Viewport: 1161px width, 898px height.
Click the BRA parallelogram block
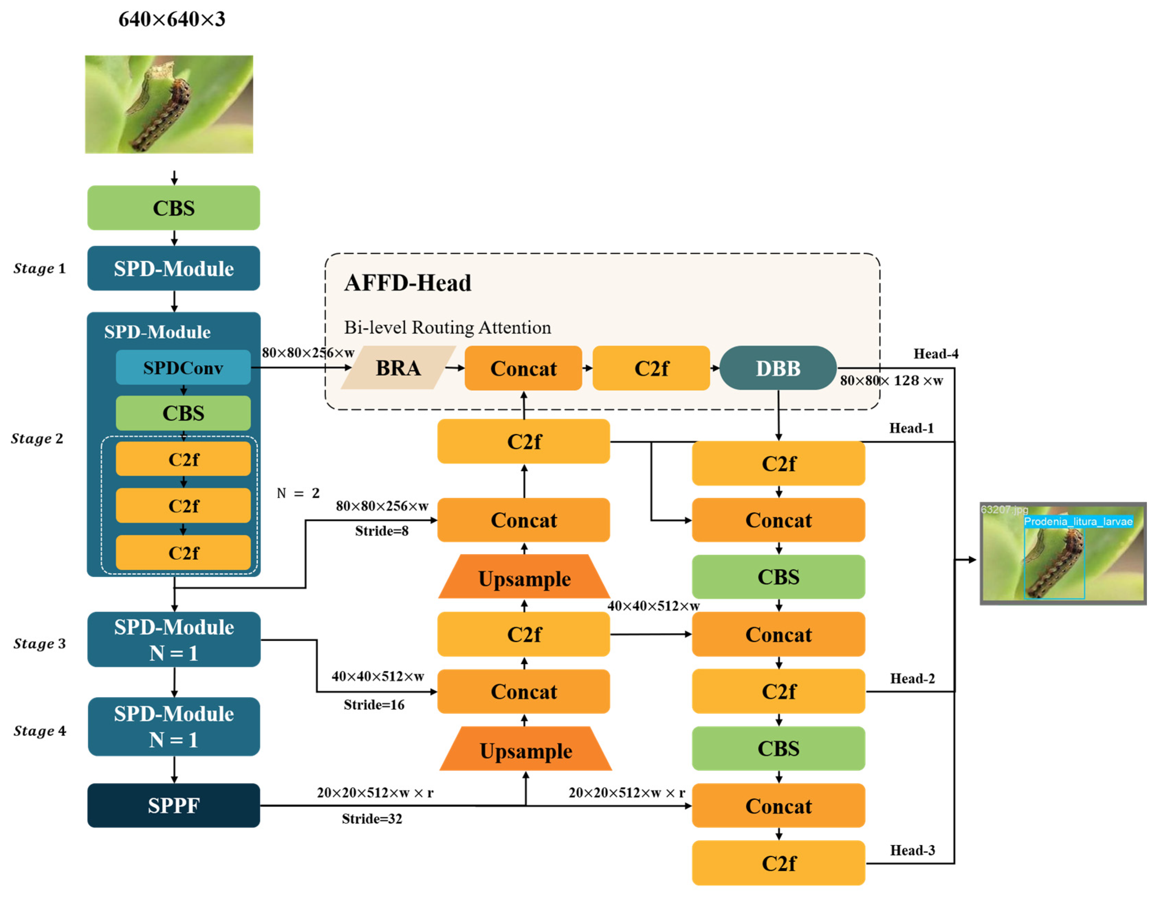(398, 368)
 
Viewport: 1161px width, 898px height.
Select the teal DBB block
(778, 368)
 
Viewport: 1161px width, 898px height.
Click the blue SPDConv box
(183, 367)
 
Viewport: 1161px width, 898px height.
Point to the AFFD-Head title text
(408, 283)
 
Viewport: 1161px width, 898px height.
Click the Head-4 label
(936, 353)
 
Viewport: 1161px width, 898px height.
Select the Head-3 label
(912, 850)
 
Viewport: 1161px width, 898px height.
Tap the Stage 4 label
(40, 731)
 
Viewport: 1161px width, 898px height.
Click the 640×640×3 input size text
(172, 19)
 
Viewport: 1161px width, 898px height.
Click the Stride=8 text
(382, 530)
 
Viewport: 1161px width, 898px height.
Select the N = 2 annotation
(298, 493)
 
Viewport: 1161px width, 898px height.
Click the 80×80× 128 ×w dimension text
(891, 380)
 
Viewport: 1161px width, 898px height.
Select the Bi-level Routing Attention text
(447, 327)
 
